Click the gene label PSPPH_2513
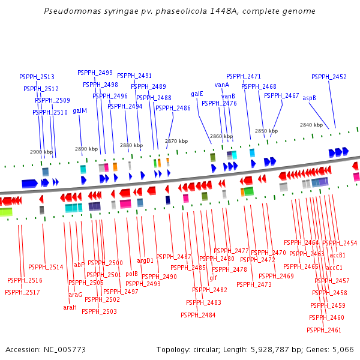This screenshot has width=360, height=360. click(x=37, y=77)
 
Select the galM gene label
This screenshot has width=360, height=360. click(x=80, y=110)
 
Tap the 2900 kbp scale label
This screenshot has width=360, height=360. click(x=41, y=152)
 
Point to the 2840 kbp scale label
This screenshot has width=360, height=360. click(x=311, y=125)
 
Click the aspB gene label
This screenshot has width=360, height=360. click(x=309, y=98)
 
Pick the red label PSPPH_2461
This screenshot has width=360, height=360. click(x=323, y=330)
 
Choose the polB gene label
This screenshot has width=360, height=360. click(x=132, y=274)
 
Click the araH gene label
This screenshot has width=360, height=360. click(x=70, y=307)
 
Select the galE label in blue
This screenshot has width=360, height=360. click(x=197, y=94)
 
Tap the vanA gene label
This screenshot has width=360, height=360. click(x=222, y=85)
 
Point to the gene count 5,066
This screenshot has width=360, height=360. click(x=342, y=349)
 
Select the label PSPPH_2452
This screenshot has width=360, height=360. click(x=329, y=77)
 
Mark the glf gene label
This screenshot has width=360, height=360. click(x=213, y=278)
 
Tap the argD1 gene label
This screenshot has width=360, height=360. click(x=145, y=260)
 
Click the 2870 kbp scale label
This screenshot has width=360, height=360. click(x=176, y=141)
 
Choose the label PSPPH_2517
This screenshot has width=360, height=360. click(x=22, y=292)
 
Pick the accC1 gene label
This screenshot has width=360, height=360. click(x=334, y=268)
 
